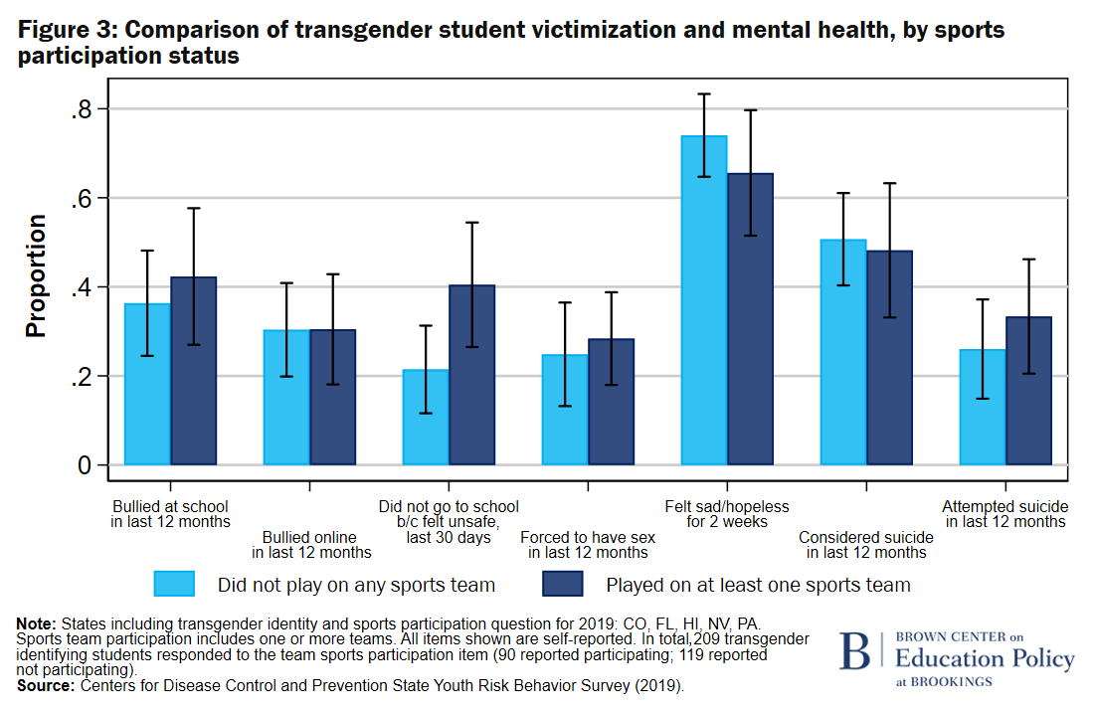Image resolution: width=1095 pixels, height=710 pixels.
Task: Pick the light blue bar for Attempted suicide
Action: (x=982, y=407)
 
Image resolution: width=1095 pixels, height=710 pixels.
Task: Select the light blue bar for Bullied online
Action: (x=286, y=397)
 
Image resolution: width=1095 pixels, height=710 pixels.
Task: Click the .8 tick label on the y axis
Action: (x=82, y=109)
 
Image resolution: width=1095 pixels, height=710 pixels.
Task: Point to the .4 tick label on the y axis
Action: (x=82, y=287)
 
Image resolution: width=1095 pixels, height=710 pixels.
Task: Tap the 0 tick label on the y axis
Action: (x=87, y=465)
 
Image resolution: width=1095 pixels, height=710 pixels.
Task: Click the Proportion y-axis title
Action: (x=37, y=275)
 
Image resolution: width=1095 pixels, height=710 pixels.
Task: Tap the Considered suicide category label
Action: (x=866, y=545)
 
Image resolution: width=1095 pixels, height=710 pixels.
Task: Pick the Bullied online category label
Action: (x=311, y=545)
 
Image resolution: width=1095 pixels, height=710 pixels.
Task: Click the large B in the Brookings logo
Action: (x=854, y=651)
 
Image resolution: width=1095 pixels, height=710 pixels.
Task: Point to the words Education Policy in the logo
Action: (x=985, y=659)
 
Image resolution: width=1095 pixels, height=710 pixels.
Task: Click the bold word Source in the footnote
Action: (x=42, y=686)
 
